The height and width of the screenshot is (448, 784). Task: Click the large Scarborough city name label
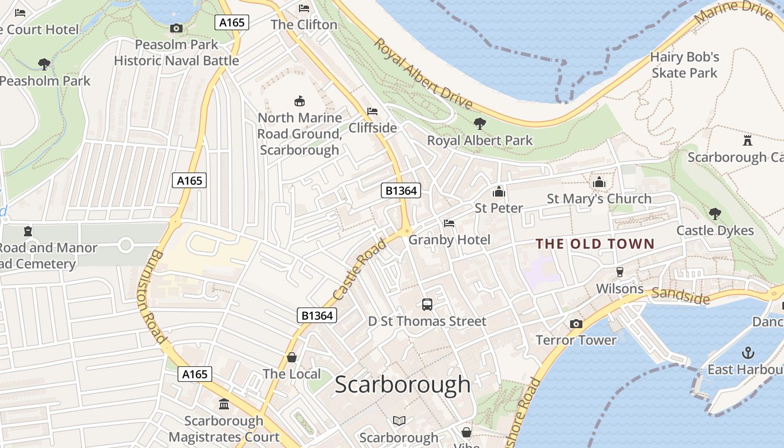click(403, 384)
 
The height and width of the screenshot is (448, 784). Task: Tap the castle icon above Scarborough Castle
click(747, 139)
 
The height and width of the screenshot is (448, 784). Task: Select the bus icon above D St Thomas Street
click(427, 305)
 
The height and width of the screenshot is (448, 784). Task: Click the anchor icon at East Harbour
click(748, 353)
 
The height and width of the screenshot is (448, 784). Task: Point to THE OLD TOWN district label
click(595, 244)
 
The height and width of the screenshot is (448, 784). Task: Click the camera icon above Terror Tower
click(576, 324)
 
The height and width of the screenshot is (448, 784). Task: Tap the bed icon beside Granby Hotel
click(449, 223)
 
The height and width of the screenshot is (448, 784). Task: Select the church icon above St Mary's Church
click(599, 182)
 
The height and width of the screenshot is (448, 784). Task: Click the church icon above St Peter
click(498, 192)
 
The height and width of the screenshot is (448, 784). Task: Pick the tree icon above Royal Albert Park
click(479, 123)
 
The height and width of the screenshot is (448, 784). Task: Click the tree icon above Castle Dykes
click(715, 213)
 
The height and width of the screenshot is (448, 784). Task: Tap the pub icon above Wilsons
click(619, 272)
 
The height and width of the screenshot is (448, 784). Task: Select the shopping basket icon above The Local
click(292, 357)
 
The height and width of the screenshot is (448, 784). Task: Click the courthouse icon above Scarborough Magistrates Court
click(224, 404)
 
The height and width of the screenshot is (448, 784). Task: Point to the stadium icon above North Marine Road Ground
click(300, 101)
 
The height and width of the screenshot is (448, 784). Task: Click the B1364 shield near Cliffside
click(401, 190)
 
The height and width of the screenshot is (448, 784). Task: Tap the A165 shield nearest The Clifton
click(231, 22)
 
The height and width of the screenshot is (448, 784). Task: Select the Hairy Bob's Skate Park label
click(684, 65)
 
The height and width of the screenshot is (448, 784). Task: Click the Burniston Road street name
click(151, 296)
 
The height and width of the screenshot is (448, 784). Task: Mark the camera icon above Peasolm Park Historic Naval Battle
click(176, 28)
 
